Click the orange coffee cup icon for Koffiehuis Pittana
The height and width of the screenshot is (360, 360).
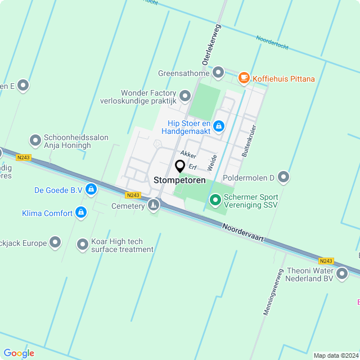point(244,78)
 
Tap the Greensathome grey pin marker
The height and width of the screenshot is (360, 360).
point(218,73)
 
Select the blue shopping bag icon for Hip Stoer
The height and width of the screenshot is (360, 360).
point(219,127)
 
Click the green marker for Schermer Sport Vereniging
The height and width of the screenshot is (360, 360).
point(215,200)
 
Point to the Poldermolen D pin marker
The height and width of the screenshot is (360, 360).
point(283,178)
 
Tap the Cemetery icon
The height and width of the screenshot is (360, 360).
point(153,206)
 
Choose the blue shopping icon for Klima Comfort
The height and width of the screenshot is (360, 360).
point(81,213)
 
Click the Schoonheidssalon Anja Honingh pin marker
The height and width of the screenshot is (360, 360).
point(35,139)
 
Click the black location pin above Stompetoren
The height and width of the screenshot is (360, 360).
point(180,166)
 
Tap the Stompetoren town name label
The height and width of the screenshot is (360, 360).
point(179,181)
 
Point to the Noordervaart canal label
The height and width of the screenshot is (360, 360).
point(243,235)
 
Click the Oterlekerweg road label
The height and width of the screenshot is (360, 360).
point(209,44)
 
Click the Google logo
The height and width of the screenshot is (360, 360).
point(19,353)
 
